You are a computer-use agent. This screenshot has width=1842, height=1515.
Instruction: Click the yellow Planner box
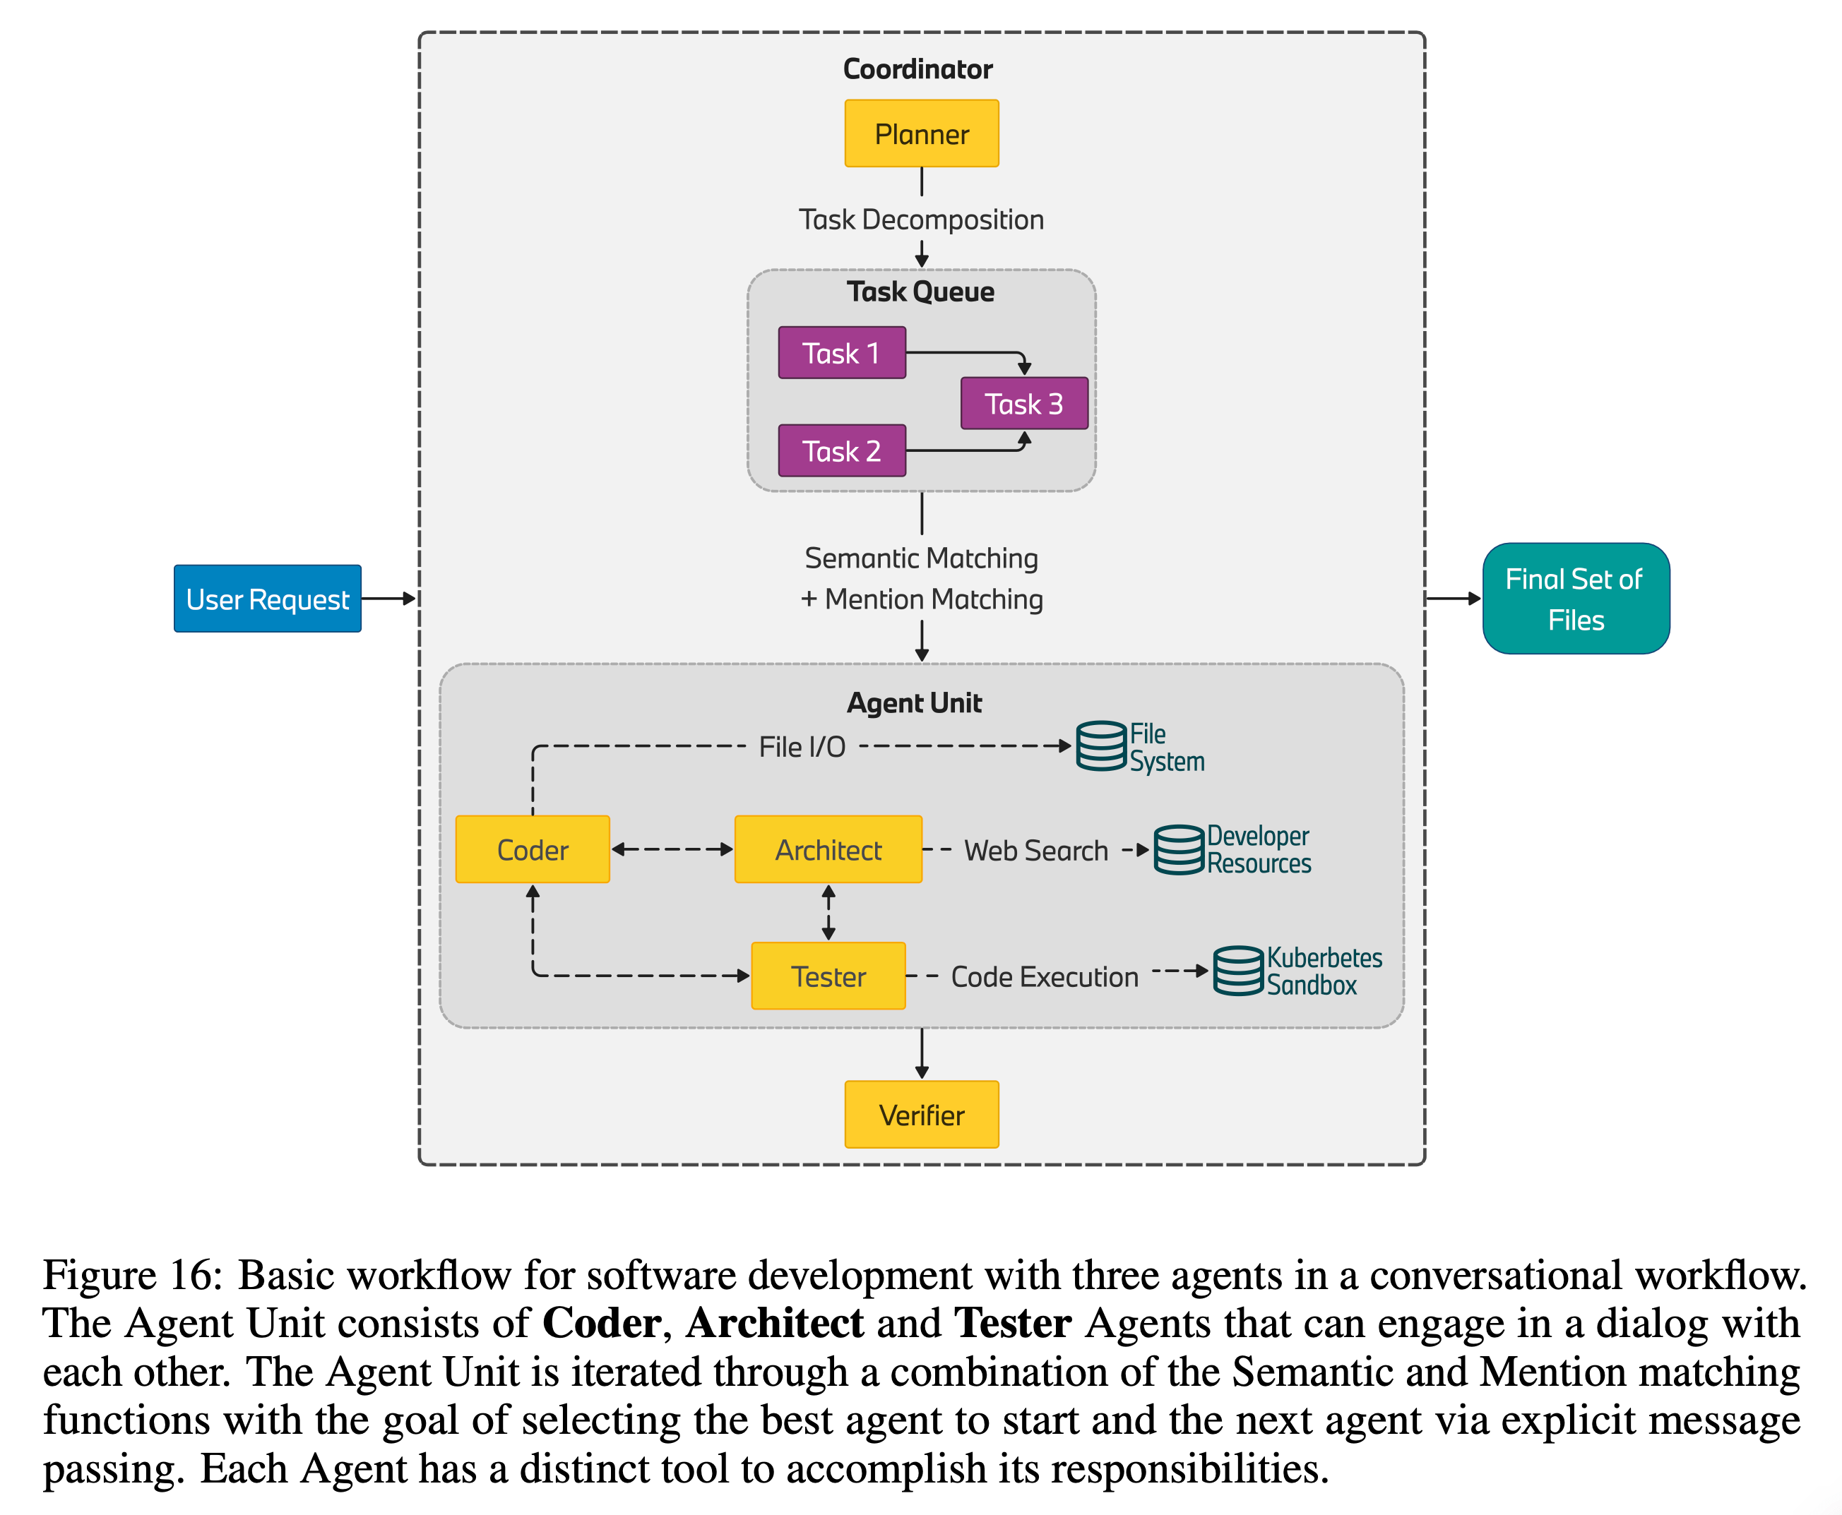[921, 133]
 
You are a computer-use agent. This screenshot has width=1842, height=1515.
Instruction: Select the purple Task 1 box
[842, 352]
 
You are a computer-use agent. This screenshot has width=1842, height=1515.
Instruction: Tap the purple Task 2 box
[842, 450]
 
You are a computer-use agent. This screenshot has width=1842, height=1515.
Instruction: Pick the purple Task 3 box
[1024, 403]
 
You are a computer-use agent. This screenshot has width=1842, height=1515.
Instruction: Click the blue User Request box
[267, 599]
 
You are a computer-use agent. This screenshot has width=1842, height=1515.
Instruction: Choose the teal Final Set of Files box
[1576, 599]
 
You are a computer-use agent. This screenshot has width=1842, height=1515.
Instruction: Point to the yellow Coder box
[533, 849]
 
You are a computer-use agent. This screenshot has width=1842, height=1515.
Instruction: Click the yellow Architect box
[828, 849]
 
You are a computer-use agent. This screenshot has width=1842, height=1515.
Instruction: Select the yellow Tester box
[828, 976]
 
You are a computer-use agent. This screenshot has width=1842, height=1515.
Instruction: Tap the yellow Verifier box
[921, 1115]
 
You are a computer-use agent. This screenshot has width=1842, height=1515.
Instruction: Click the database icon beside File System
[1101, 746]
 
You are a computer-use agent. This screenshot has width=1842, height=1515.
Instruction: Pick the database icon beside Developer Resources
[1179, 849]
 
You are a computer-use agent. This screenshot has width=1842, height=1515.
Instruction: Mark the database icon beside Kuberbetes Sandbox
[1238, 971]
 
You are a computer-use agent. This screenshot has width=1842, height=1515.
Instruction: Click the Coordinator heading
[917, 69]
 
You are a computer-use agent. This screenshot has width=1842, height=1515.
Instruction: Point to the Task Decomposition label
[921, 219]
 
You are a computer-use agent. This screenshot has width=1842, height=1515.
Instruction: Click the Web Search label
[1035, 850]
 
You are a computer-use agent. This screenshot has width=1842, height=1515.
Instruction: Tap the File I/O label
[802, 747]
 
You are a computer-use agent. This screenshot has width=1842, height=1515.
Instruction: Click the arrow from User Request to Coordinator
[389, 599]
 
